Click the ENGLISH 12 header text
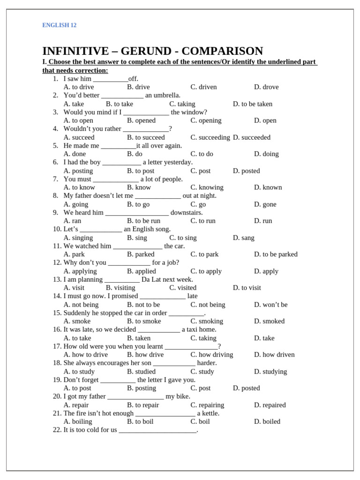[59, 25]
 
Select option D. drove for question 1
[266, 87]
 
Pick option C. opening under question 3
[206, 120]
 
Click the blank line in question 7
[116, 179]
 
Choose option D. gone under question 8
[265, 204]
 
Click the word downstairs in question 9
[187, 212]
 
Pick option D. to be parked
[276, 254]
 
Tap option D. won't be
[270, 305]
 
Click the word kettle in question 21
[210, 413]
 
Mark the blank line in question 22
[157, 430]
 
